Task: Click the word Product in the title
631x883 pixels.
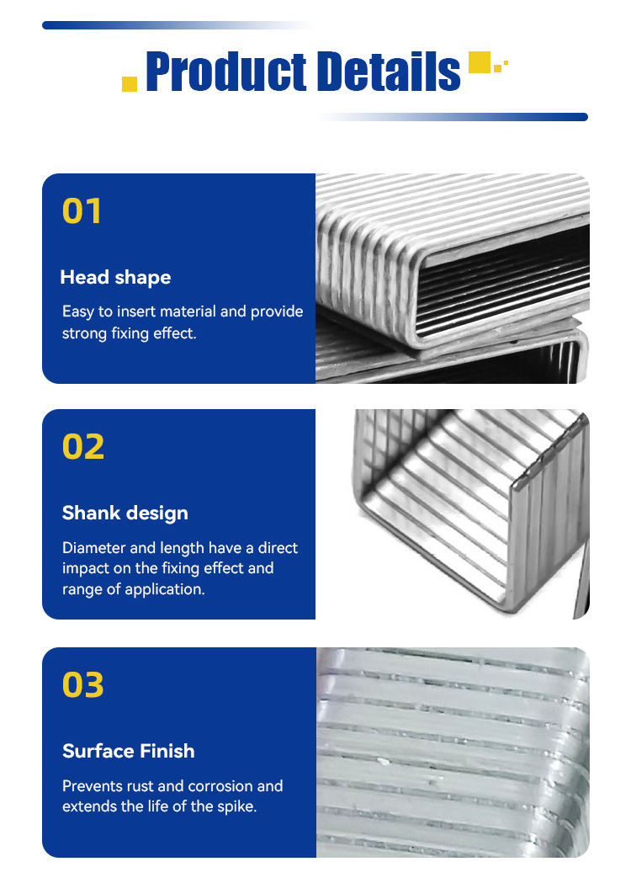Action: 225,72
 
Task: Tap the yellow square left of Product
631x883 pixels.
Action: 130,83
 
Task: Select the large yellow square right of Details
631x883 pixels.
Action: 480,62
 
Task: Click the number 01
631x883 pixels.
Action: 82,211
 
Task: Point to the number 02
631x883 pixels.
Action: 83,447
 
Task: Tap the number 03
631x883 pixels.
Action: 83,685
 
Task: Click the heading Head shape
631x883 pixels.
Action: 115,277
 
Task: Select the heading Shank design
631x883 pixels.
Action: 125,513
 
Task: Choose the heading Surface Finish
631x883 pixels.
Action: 129,751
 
